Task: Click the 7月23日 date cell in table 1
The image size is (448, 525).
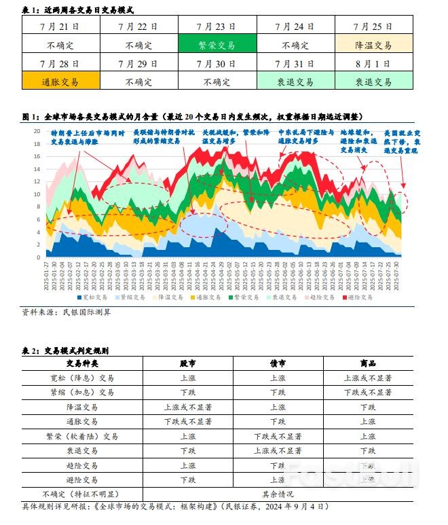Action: pyautogui.click(x=217, y=26)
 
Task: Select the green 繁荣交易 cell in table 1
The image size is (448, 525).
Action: pyautogui.click(x=217, y=45)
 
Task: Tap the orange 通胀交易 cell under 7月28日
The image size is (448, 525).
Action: pyautogui.click(x=60, y=81)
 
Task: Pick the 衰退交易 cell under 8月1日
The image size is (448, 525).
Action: pyautogui.click(x=373, y=81)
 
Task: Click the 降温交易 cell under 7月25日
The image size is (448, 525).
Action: pyautogui.click(x=373, y=45)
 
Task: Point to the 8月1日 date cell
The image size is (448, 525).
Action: pyautogui.click(x=373, y=63)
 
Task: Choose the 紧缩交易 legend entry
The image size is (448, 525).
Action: pyautogui.click(x=133, y=297)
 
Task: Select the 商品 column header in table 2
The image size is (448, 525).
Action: pyautogui.click(x=368, y=363)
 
